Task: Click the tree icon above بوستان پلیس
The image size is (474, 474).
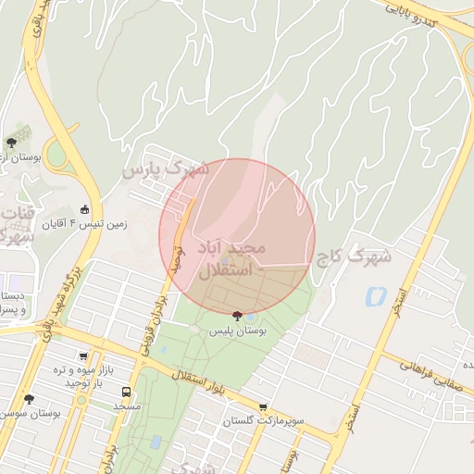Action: (x=238, y=316)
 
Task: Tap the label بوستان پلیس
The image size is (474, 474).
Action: (x=237, y=331)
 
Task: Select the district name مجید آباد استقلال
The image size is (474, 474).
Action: (x=231, y=259)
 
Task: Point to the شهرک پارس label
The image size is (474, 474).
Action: (x=167, y=169)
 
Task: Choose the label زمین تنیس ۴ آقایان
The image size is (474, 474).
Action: (x=118, y=223)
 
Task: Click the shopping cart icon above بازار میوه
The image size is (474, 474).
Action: (x=84, y=356)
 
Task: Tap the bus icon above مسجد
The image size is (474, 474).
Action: (x=126, y=392)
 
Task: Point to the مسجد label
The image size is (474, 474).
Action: (x=126, y=406)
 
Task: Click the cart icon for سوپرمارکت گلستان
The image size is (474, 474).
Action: (x=263, y=406)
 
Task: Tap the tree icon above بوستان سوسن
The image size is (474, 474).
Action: (x=29, y=399)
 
